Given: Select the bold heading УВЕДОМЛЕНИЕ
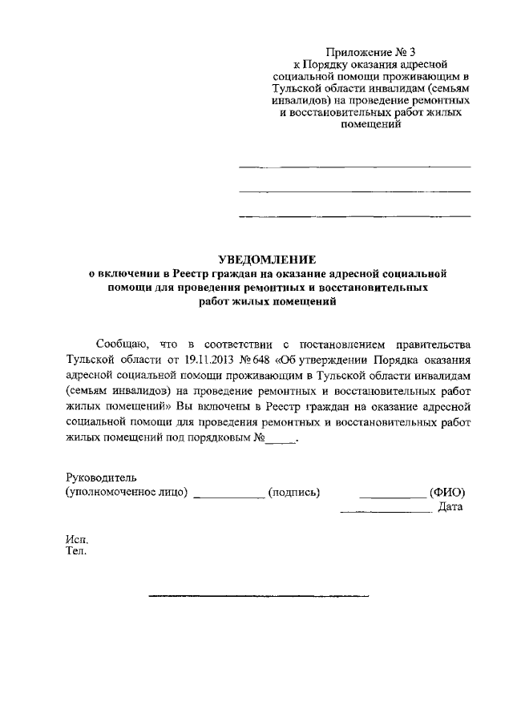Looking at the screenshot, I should pos(268,260).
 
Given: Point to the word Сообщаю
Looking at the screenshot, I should pos(122,344).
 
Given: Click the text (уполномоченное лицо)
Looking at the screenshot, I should pos(127,492).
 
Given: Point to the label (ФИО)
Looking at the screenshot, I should pos(447,492).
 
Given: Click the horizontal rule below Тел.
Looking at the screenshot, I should pos(259,596).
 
